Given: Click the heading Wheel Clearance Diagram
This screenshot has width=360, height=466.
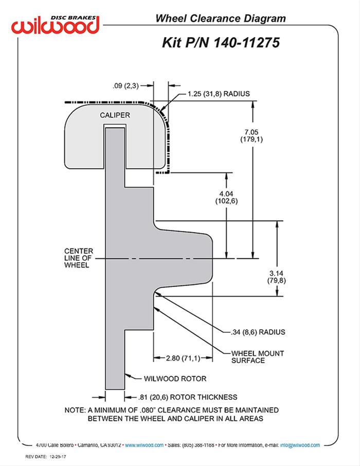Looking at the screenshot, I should point(221,19).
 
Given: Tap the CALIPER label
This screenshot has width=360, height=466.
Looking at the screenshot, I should point(115,115).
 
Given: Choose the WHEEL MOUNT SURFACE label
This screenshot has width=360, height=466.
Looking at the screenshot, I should point(255,356).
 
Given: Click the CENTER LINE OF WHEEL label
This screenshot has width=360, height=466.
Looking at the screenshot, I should point(77,259).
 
